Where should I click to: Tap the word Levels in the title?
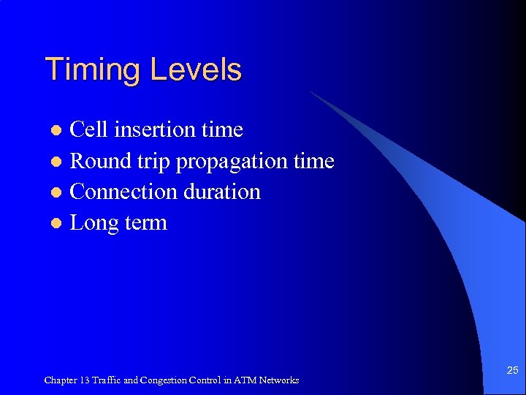[x=196, y=70]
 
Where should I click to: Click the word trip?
[x=155, y=162]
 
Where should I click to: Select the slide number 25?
[x=512, y=372]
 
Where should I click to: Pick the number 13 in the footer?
[x=86, y=380]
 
